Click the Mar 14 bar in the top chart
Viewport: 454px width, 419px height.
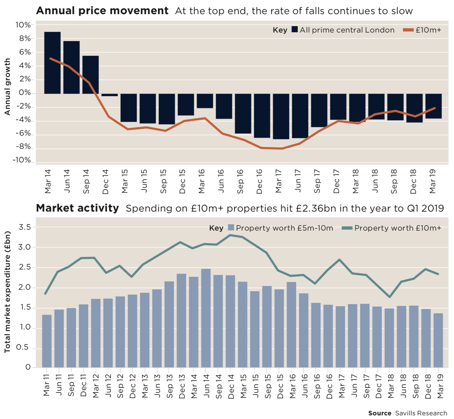coord(52,63)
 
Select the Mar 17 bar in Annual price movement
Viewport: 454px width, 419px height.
coord(281,116)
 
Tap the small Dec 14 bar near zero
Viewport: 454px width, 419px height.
coord(109,95)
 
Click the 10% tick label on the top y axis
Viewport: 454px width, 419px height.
coord(23,25)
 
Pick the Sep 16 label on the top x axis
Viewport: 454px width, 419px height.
coord(240,181)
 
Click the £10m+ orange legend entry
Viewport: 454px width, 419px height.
coord(422,30)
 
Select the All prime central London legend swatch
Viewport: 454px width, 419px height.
coord(295,30)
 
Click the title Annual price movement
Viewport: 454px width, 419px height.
coord(102,11)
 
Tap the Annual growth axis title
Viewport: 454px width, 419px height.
coord(7,87)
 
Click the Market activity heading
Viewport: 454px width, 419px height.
coord(77,208)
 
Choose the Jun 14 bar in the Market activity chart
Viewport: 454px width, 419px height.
coord(206,318)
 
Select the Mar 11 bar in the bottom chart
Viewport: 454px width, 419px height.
coord(47,341)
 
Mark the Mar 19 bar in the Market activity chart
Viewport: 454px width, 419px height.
coord(438,340)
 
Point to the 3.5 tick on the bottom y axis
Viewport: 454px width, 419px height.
coord(25,227)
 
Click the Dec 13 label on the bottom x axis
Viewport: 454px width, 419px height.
coord(182,386)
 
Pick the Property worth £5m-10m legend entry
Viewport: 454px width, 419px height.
coord(280,228)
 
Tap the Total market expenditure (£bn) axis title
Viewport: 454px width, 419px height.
coord(7,292)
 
